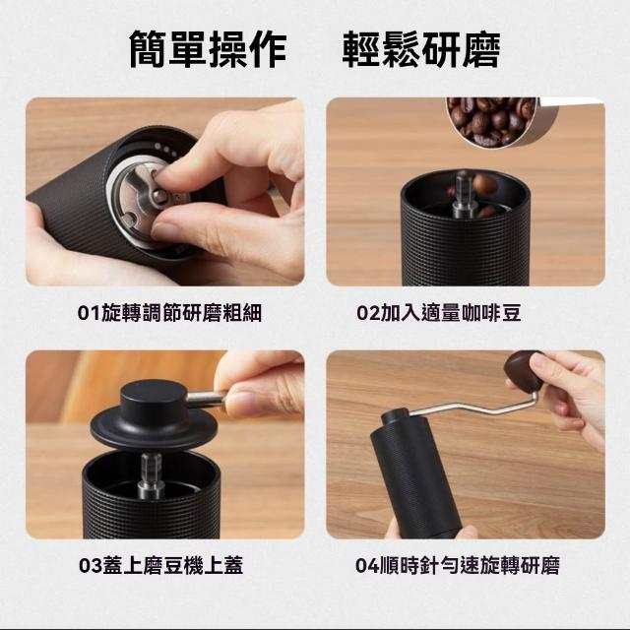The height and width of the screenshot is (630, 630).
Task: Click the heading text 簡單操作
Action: [208, 49]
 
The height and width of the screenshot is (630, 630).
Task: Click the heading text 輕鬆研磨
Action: [421, 49]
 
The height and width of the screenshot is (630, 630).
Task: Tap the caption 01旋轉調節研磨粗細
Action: [169, 313]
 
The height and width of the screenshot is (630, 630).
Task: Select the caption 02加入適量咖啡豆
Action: [439, 313]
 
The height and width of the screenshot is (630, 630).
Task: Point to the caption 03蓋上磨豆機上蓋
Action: [160, 565]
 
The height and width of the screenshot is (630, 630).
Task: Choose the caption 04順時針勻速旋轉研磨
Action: [457, 565]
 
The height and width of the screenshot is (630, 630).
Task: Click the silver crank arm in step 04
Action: [472, 407]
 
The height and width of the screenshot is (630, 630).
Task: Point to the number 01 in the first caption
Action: [89, 313]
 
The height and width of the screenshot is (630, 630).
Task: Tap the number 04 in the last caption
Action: [367, 566]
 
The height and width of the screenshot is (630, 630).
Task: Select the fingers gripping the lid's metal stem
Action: [259, 386]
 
